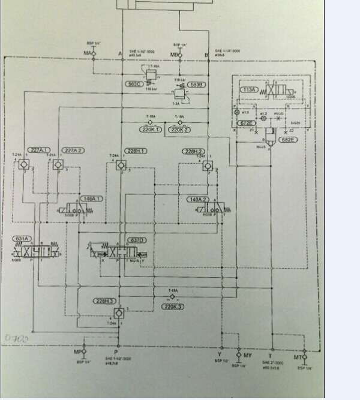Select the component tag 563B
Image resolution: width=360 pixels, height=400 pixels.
point(197,85)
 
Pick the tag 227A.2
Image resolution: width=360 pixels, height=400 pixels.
point(73,150)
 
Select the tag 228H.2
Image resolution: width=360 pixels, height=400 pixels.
point(194,151)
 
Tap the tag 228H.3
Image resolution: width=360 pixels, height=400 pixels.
point(103,302)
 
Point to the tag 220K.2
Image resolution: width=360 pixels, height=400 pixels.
point(179,129)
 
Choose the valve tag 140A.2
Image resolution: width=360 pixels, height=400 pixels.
point(197,199)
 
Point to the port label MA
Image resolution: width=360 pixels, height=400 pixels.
point(87,53)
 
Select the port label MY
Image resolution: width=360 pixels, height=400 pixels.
point(248,353)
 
